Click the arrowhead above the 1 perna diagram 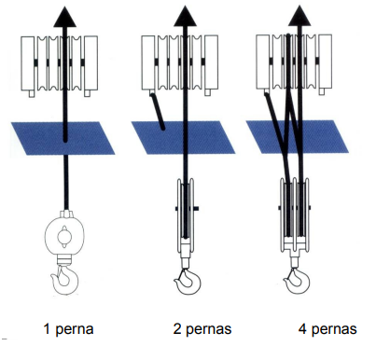(x=65, y=17)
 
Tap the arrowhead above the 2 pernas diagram (x=185, y=16)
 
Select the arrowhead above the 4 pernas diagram (x=299, y=16)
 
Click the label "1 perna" (x=68, y=329)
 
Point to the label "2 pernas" (x=202, y=329)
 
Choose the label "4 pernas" (x=327, y=329)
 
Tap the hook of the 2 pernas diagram (x=188, y=282)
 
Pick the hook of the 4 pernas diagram (x=298, y=282)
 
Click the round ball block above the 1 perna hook (x=64, y=236)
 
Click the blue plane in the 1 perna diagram (x=63, y=138)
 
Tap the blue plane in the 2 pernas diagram (x=183, y=137)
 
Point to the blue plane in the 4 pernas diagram (x=298, y=136)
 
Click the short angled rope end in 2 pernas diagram (x=157, y=111)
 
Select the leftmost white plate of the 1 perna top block (x=28, y=63)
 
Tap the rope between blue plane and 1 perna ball (x=66, y=183)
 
